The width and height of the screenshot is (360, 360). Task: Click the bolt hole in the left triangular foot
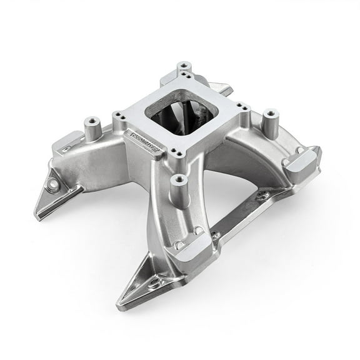(x=53, y=185)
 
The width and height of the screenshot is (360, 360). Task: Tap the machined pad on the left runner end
(x=69, y=148)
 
